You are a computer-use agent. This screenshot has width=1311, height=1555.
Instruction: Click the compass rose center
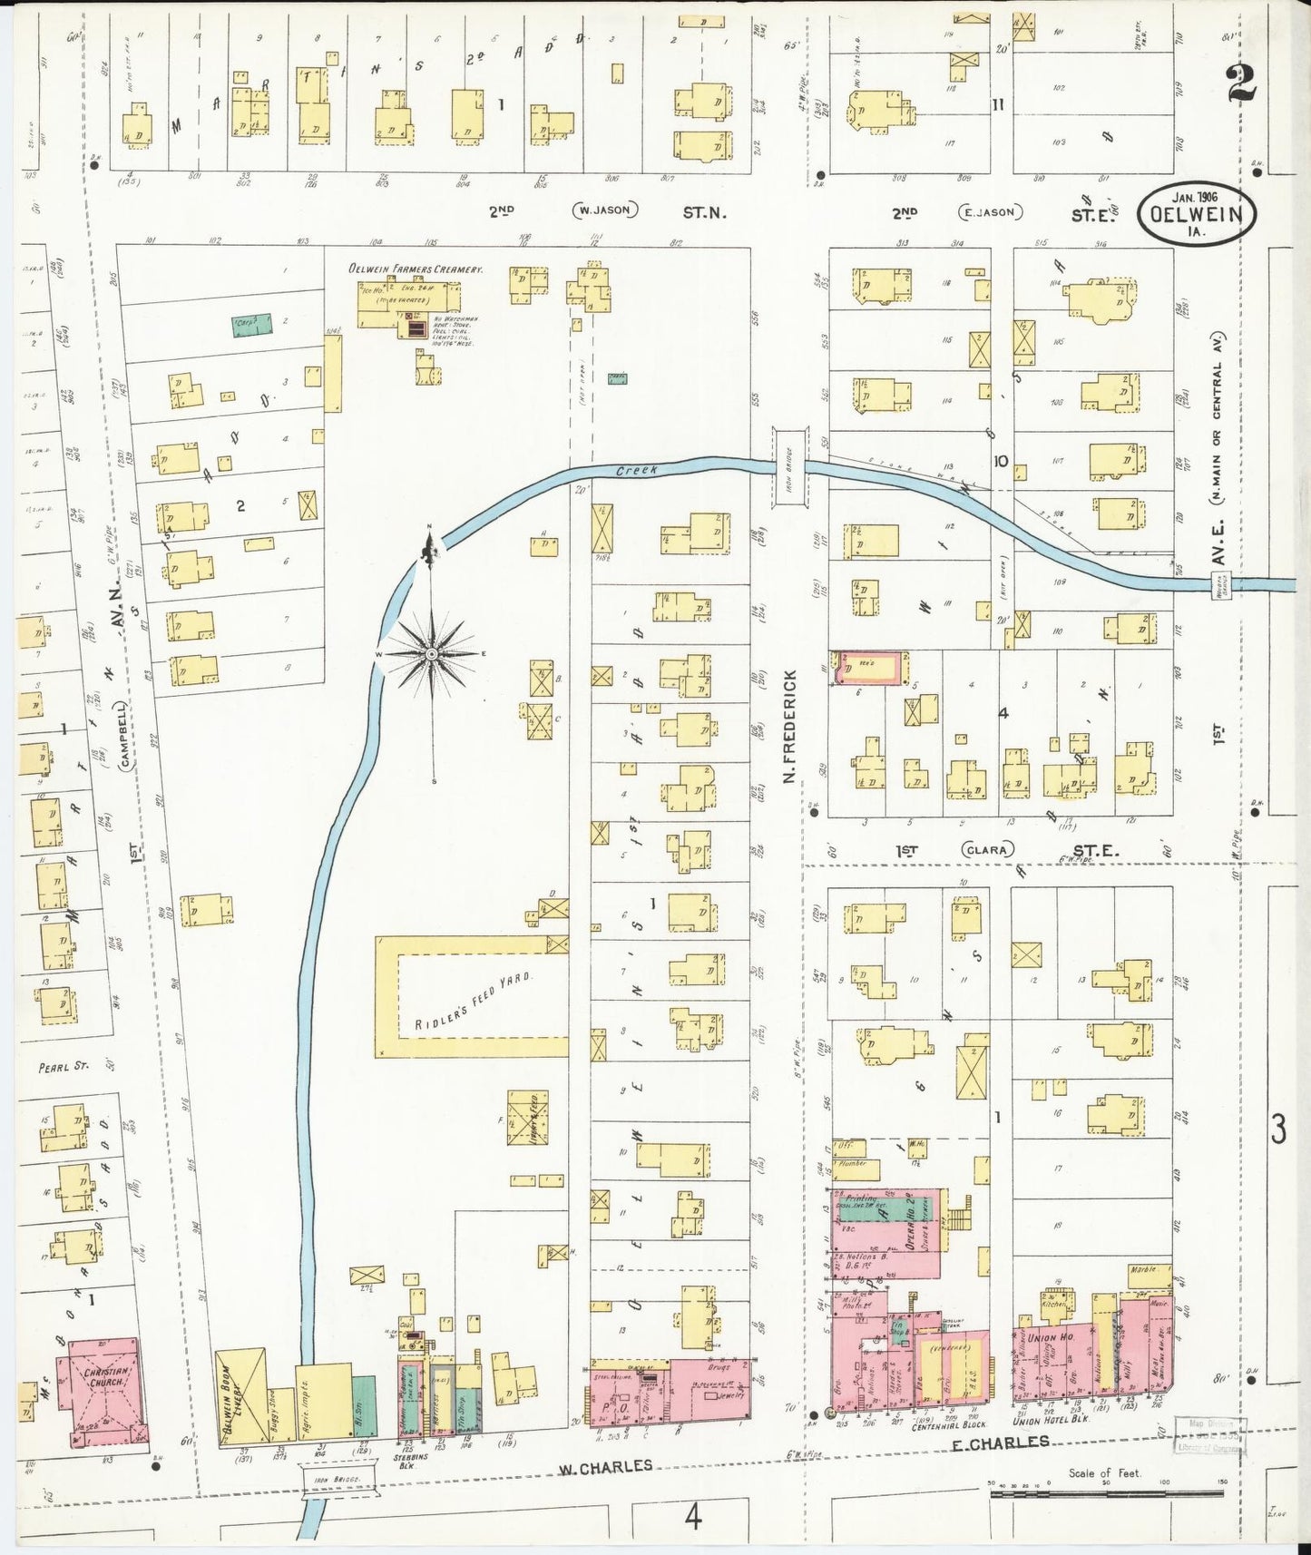[x=433, y=653]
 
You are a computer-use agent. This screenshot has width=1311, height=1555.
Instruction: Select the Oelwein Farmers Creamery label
[x=416, y=269]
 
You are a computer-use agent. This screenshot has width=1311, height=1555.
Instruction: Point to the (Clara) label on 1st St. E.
[x=987, y=850]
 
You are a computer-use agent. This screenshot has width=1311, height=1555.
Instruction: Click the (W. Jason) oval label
[x=605, y=210]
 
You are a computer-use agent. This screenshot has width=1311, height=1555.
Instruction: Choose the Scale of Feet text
[x=1104, y=1473]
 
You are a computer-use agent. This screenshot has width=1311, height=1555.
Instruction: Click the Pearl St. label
[x=63, y=1067]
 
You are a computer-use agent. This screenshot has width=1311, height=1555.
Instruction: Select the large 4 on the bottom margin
[x=693, y=1516]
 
